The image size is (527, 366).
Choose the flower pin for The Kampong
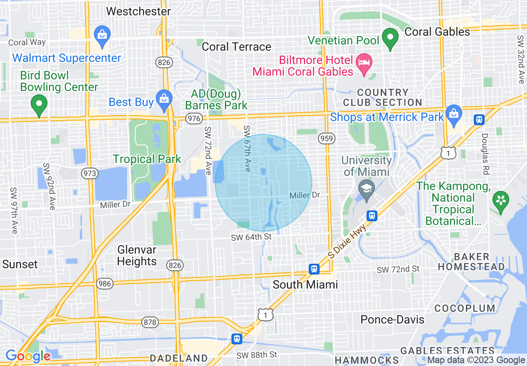501,200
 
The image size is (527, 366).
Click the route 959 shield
327,138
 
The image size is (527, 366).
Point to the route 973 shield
90,174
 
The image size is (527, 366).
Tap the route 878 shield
150,322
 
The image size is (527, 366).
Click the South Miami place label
305,284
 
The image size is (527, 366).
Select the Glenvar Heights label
137,256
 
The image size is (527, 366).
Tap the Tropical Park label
147,159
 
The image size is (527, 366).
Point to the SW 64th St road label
251,237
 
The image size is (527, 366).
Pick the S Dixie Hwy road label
347,241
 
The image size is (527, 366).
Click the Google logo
28,356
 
